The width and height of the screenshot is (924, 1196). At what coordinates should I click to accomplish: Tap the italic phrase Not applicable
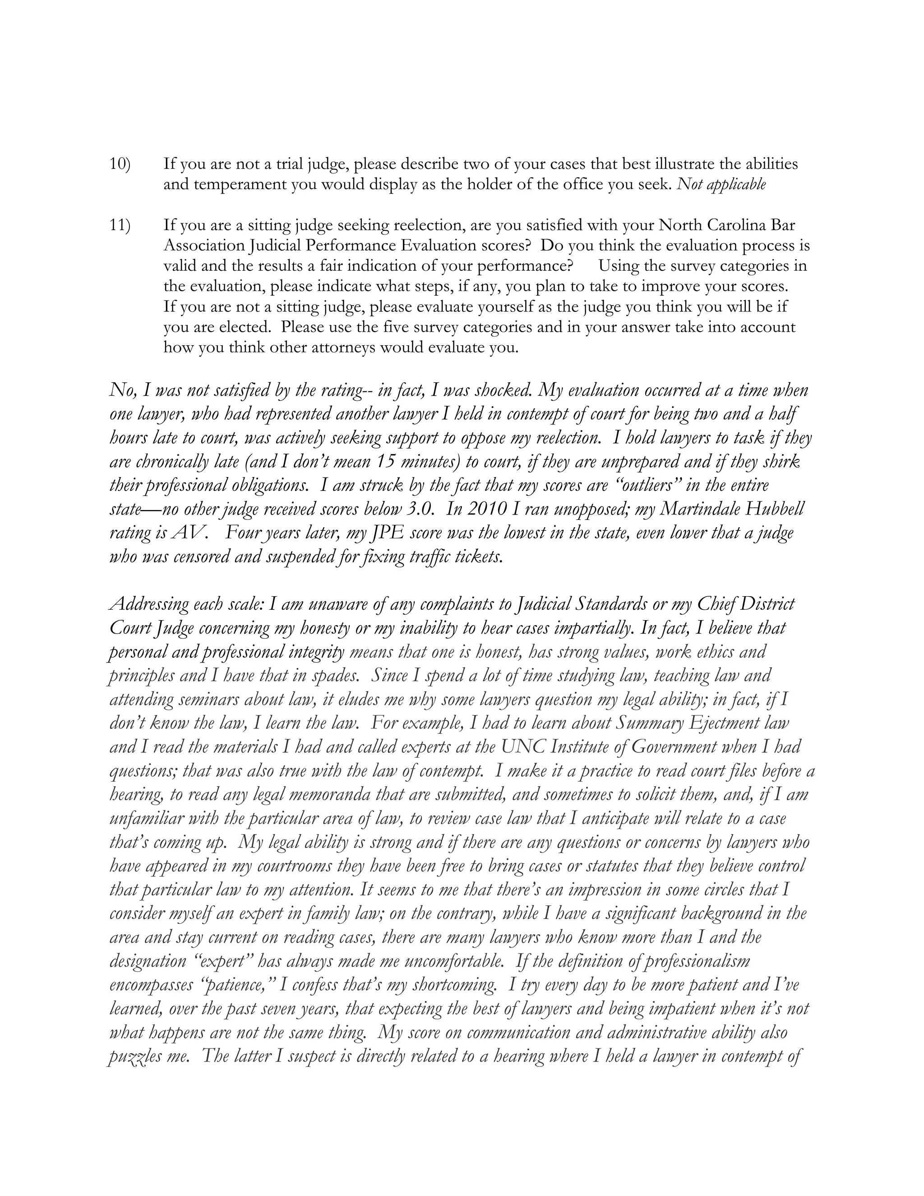[x=721, y=185]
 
